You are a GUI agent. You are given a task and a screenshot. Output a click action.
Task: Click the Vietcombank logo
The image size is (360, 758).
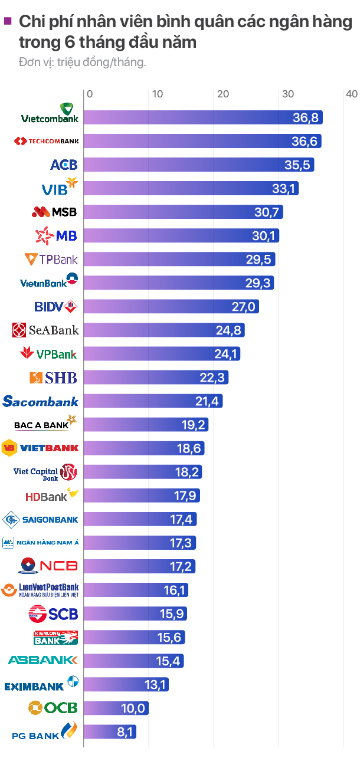pyautogui.click(x=50, y=113)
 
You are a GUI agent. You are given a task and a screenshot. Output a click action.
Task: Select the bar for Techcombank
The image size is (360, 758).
pyautogui.click(x=202, y=141)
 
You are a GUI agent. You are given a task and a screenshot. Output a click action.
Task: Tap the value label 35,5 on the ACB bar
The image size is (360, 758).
pyautogui.click(x=297, y=165)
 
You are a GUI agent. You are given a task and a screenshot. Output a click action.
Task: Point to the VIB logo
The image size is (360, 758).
pyautogui.click(x=60, y=187)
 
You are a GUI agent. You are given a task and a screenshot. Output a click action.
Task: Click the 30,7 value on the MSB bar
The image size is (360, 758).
pyautogui.click(x=267, y=212)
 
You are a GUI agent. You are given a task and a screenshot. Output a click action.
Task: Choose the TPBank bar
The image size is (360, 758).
pyautogui.click(x=179, y=259)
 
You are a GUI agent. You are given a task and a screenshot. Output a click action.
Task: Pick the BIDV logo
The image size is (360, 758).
pyautogui.click(x=56, y=307)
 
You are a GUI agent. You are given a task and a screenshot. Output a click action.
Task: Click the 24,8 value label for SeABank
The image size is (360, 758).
pyautogui.click(x=228, y=330)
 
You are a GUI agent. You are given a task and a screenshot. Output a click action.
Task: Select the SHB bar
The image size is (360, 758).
pyautogui.click(x=156, y=378)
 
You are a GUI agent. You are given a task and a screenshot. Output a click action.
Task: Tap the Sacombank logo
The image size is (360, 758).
pyautogui.click(x=40, y=401)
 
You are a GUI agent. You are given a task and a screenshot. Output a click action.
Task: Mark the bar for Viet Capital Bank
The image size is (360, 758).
pyautogui.click(x=143, y=472)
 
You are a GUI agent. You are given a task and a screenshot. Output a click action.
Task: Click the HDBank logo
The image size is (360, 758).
pyautogui.click(x=52, y=495)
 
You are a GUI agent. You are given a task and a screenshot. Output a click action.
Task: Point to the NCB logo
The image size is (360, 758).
pyautogui.click(x=48, y=566)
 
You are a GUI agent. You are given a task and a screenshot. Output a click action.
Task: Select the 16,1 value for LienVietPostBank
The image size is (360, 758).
pyautogui.click(x=175, y=590)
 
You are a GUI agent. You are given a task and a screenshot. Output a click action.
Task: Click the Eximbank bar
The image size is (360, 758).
pyautogui.click(x=126, y=685)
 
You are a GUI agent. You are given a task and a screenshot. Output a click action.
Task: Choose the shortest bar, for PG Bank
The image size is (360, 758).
pyautogui.click(x=110, y=731)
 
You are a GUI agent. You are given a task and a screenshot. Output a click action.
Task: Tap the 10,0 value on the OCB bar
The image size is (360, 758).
pyautogui.click(x=133, y=708)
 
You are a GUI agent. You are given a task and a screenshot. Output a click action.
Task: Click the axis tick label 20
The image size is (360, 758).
pyautogui.click(x=223, y=94)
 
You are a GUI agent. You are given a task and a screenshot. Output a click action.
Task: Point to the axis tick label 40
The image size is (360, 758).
pyautogui.click(x=352, y=94)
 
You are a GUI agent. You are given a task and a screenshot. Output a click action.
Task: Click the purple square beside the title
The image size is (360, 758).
pyautogui.click(x=8, y=21)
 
